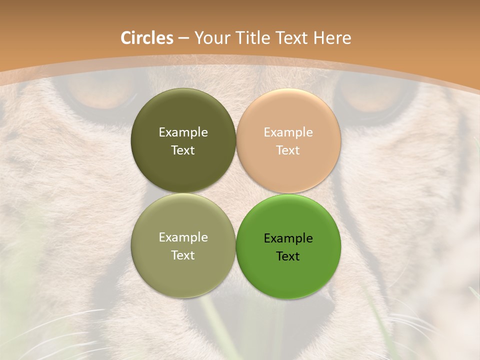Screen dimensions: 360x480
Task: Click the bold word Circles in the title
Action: click(146, 38)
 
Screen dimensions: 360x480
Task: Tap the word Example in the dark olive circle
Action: click(183, 132)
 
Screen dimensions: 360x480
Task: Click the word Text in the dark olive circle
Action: click(183, 150)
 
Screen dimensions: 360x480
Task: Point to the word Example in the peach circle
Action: click(288, 132)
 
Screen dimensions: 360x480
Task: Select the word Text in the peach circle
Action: click(288, 150)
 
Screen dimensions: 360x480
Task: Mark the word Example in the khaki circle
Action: click(183, 237)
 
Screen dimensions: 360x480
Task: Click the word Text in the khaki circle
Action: click(183, 255)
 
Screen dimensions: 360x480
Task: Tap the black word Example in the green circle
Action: click(288, 238)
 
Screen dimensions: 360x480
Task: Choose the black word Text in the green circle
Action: click(288, 256)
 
